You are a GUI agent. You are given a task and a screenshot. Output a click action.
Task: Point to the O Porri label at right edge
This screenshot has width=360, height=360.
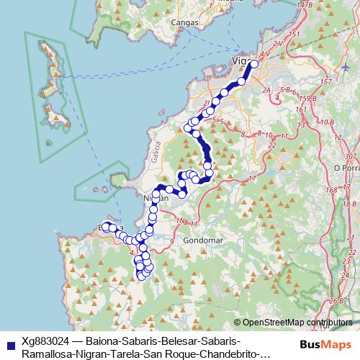tap(347, 167)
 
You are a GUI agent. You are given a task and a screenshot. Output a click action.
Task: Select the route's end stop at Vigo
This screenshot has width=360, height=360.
tap(254, 65)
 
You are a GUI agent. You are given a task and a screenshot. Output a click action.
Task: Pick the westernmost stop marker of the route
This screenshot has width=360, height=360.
tap(105, 227)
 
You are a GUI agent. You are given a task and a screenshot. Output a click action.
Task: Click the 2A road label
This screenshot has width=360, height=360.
tap(267, 90)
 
